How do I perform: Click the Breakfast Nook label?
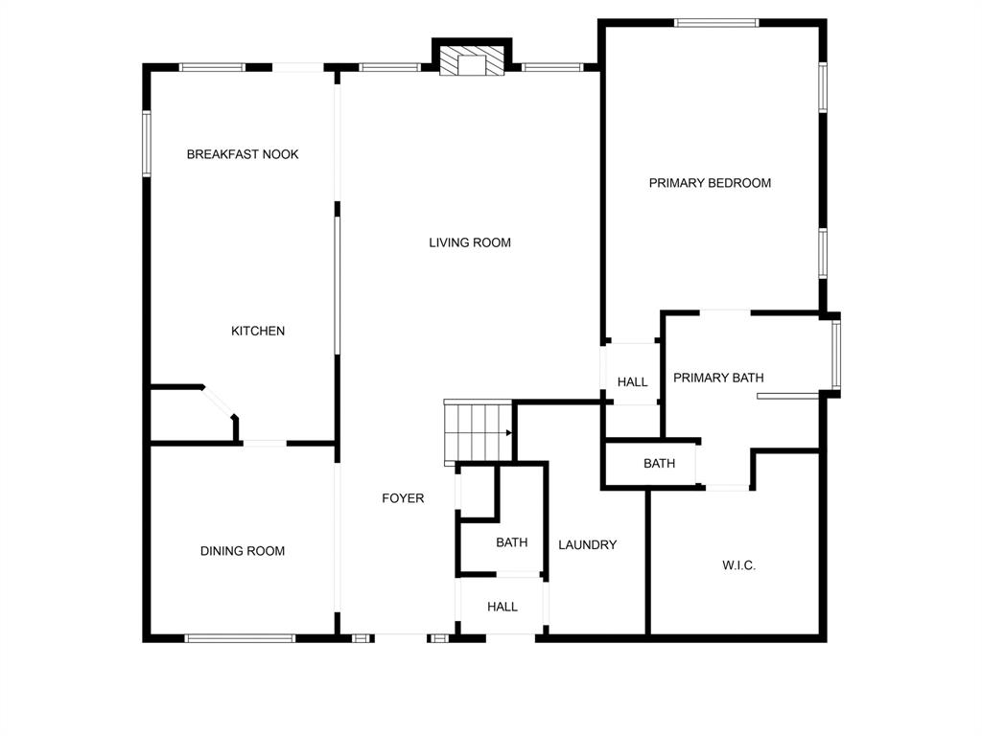coord(243,154)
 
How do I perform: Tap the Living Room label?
coord(470,242)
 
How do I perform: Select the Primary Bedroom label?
coord(710,183)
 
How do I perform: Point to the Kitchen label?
coord(258,332)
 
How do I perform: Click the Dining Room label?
coord(243,551)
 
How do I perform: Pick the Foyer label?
coord(403,498)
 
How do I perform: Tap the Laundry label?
coord(588,545)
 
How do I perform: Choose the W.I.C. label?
coord(738,565)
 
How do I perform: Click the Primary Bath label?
coord(718,378)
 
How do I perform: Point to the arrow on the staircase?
coord(508,432)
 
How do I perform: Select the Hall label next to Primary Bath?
coord(632,382)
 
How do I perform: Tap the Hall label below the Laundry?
coord(503,607)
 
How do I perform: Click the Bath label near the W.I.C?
coord(659,464)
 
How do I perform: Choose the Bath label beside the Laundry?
coord(512,542)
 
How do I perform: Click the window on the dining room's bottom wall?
coord(240,637)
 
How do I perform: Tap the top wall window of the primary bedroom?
coord(716,22)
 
